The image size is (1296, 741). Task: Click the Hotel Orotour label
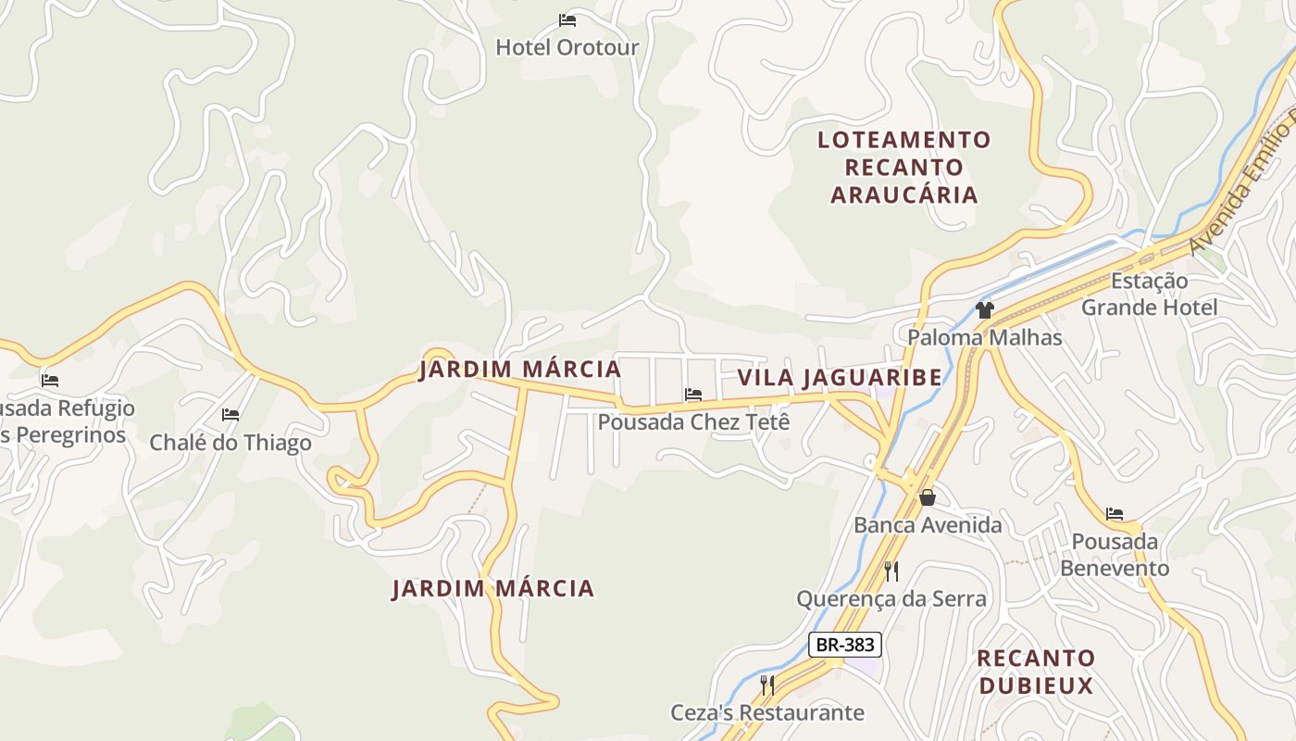pyautogui.click(x=567, y=47)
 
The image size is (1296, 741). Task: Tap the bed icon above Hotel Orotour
pyautogui.click(x=567, y=19)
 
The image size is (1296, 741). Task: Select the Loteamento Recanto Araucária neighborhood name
pyautogui.click(x=904, y=168)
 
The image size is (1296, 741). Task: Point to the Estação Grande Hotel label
pyautogui.click(x=1150, y=294)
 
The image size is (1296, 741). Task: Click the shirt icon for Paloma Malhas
pyautogui.click(x=984, y=310)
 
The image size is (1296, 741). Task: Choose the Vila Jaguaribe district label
pyautogui.click(x=840, y=378)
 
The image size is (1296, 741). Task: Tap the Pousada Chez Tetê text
pyautogui.click(x=693, y=422)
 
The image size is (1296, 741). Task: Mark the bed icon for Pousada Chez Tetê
pyautogui.click(x=693, y=395)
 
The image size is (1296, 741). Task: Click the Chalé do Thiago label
pyautogui.click(x=231, y=443)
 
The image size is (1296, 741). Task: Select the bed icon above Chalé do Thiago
pyautogui.click(x=231, y=415)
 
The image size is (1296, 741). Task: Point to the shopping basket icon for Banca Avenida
pyautogui.click(x=928, y=498)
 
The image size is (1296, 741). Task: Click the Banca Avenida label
pyautogui.click(x=928, y=526)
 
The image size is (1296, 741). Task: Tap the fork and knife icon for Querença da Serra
pyautogui.click(x=891, y=571)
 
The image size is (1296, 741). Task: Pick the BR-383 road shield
pyautogui.click(x=844, y=645)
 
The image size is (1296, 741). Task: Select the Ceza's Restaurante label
pyautogui.click(x=767, y=712)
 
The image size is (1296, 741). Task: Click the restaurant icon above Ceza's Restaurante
pyautogui.click(x=767, y=685)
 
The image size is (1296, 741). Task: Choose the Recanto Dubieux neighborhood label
pyautogui.click(x=1036, y=672)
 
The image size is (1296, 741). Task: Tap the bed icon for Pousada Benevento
pyautogui.click(x=1115, y=514)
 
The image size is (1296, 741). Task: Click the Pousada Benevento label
pyautogui.click(x=1115, y=555)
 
